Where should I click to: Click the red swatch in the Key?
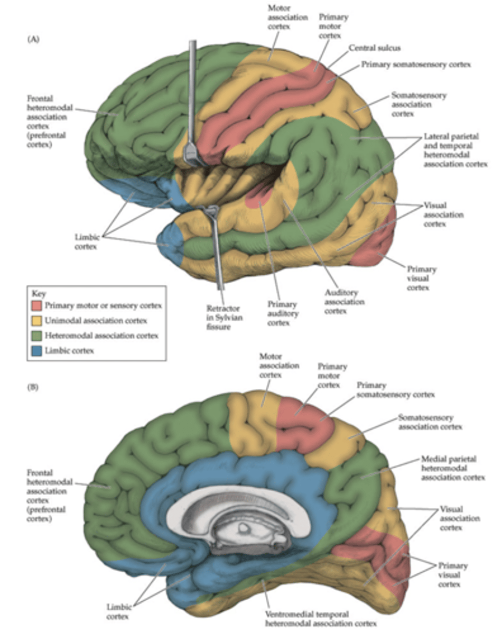(x=36, y=305)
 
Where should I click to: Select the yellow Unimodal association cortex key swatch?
(x=36, y=321)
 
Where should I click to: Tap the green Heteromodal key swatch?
(x=36, y=335)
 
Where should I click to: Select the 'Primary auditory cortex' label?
(x=283, y=314)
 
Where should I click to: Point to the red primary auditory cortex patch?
(x=259, y=197)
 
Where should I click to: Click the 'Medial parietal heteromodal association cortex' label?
(x=452, y=468)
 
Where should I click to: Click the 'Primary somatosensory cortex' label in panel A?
(x=416, y=64)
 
